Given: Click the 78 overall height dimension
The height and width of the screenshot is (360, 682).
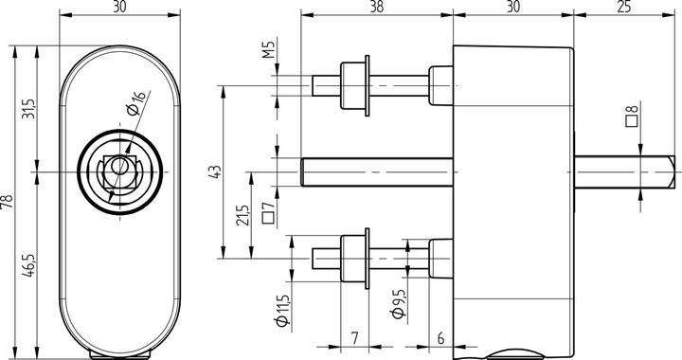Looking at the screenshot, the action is tap(8, 201).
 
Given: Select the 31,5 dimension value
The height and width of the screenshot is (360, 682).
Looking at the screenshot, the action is tap(29, 109).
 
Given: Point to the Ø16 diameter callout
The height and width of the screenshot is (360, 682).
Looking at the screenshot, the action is tap(137, 103).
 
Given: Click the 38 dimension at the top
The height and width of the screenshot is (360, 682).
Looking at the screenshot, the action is tap(377, 7).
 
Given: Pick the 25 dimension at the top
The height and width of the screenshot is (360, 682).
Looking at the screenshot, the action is tap(623, 7).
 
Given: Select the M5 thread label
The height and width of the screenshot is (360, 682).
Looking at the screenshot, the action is tap(270, 49).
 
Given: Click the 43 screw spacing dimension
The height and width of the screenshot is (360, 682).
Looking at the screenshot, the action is tap(216, 171).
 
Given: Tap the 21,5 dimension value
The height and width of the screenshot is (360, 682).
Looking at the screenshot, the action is tap(242, 215).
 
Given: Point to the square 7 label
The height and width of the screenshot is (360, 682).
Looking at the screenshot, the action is tap(269, 212).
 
